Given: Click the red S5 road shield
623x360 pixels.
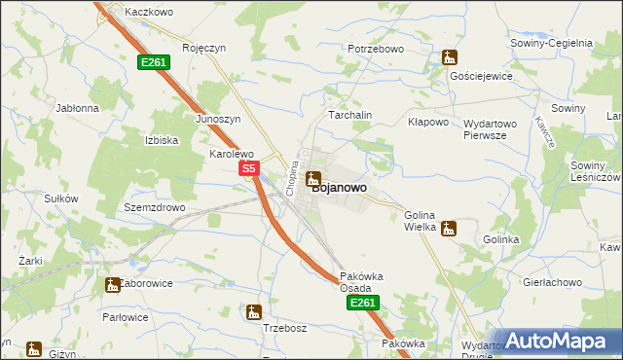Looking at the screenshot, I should [248, 168].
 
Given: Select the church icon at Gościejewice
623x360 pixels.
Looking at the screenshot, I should [448, 58].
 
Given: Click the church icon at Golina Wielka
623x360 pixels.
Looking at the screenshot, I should [448, 229].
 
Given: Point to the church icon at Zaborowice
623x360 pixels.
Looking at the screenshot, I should [112, 284].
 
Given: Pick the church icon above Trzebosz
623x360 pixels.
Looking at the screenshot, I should [254, 312].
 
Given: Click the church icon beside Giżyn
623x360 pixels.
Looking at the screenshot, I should [33, 347].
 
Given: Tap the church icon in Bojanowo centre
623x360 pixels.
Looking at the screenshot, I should [313, 178].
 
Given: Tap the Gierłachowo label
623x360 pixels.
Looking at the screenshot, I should [550, 281].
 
